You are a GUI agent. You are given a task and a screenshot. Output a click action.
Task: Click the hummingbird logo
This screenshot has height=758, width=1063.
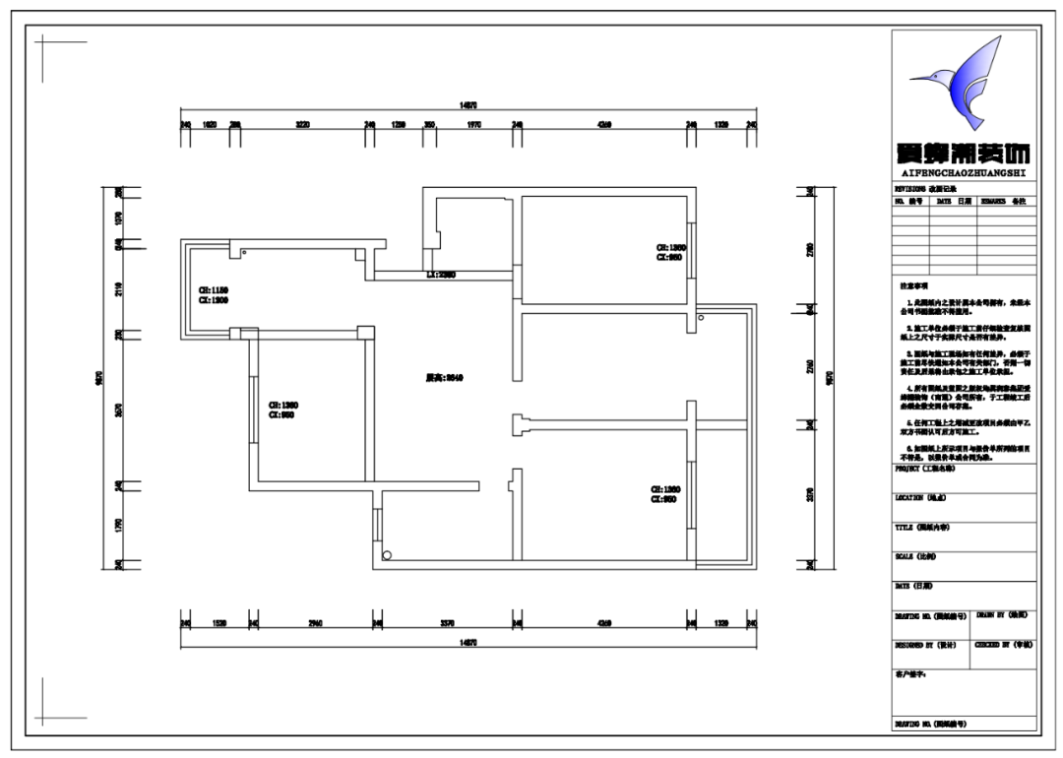960,87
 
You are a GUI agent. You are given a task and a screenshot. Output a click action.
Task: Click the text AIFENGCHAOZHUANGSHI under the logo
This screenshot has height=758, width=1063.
963,172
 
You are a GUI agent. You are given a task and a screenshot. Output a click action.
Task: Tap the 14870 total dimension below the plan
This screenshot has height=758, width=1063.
469,641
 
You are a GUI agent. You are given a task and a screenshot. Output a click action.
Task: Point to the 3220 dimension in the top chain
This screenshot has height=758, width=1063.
302,125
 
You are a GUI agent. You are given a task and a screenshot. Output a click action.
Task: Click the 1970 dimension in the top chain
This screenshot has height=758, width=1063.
473,125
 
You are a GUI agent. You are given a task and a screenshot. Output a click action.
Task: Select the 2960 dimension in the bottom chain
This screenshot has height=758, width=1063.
315,623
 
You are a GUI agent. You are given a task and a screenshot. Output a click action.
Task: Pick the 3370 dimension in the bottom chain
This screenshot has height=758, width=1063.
445,623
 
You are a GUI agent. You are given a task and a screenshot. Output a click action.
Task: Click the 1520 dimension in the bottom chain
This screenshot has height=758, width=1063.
219,623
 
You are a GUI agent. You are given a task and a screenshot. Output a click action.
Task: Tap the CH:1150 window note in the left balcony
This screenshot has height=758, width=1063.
214,291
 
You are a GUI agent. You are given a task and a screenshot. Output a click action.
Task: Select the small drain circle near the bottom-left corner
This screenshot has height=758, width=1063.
387,555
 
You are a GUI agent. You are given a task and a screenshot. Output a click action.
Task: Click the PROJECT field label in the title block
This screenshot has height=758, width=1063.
924,470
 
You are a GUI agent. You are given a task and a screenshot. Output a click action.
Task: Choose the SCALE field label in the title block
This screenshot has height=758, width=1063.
914,556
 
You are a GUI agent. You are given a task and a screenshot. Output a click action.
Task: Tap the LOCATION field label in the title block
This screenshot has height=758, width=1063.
920,498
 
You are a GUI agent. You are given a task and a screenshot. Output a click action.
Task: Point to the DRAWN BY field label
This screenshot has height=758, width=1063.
1002,613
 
